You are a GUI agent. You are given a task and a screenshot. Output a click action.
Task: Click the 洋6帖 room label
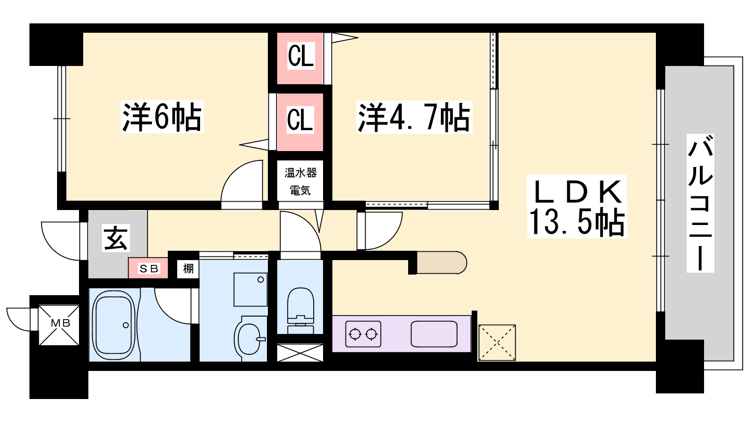coord(162,116)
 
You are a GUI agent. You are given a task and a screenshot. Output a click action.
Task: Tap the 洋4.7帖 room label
coord(414,117)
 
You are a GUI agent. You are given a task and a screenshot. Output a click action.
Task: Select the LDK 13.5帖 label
coord(577,206)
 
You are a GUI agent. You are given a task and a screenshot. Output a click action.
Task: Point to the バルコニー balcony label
coord(700,203)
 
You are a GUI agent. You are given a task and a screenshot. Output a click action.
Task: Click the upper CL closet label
coord(301,56)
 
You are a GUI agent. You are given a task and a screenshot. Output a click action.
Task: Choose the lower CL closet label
coord(300,119)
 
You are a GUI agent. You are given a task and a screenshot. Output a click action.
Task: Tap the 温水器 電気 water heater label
coord(301,181)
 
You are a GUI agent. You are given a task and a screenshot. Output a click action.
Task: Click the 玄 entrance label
coord(115,238)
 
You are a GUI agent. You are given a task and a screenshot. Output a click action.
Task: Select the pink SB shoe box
coord(148,268)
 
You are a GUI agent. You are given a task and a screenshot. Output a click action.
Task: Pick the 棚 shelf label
coord(188,269)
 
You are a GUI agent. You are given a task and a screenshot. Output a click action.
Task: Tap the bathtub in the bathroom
coord(114,325)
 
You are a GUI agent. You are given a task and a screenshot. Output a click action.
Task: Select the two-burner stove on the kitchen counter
coord(363,334)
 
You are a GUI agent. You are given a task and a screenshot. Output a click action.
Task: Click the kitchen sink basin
coord(434,334)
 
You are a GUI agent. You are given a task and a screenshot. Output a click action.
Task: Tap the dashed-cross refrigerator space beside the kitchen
coord(497,342)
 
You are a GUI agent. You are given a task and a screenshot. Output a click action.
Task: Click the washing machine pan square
coord(251,290)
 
